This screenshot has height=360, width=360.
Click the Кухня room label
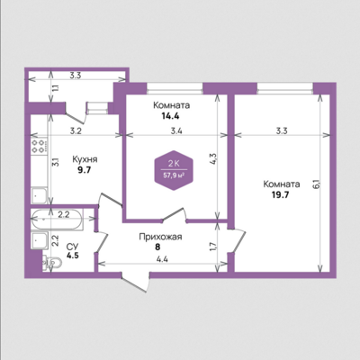(85, 160)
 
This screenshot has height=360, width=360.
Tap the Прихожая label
(160, 237)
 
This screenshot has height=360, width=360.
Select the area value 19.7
(280, 195)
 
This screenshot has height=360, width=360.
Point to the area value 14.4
(170, 116)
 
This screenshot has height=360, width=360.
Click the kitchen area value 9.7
(84, 170)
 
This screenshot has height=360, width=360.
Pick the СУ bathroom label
(72, 247)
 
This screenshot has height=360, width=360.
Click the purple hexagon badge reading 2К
(174, 170)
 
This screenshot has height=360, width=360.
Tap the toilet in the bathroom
(52, 263)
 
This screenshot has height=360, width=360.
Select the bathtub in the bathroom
(57, 220)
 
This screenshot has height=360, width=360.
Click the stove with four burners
(40, 146)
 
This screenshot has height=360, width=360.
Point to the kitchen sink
(39, 195)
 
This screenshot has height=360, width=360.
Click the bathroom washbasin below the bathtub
(40, 240)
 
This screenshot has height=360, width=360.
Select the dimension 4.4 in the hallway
(162, 259)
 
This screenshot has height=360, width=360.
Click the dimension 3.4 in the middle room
(176, 130)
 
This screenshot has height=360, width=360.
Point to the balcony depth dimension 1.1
(56, 88)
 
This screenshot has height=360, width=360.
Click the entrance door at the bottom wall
(136, 282)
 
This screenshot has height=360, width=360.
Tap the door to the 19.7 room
(237, 241)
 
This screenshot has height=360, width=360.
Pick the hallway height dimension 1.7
(213, 247)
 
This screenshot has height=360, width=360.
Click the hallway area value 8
(157, 247)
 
